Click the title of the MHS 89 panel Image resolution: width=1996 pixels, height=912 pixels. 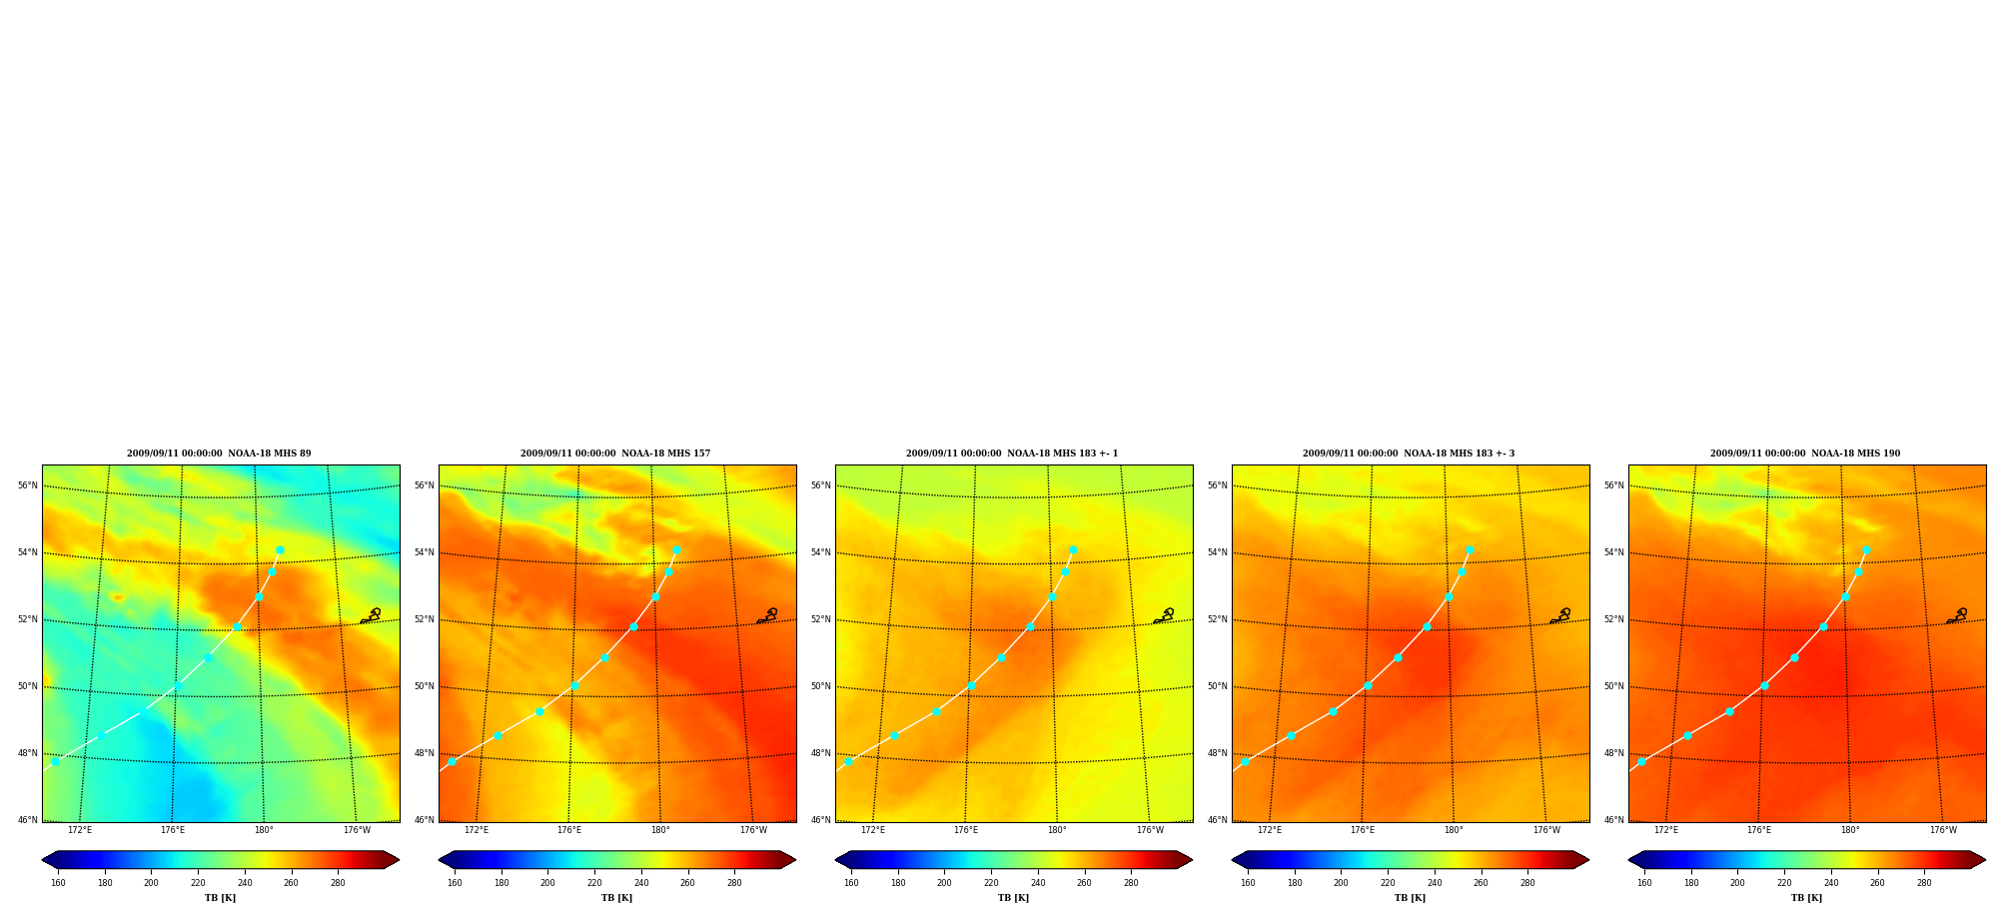[x=219, y=454]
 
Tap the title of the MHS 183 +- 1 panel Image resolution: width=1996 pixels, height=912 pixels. [x=1012, y=454]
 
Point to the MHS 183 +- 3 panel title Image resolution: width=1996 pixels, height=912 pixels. [x=1409, y=454]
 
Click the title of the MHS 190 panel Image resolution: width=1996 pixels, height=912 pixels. [x=1805, y=454]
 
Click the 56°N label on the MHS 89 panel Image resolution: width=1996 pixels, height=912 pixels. [x=27, y=485]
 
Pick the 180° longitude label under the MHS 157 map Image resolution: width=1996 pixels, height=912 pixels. [x=660, y=830]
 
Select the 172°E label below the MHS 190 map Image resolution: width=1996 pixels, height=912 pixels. [x=1666, y=830]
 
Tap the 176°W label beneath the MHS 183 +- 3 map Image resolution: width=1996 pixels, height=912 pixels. [x=1546, y=830]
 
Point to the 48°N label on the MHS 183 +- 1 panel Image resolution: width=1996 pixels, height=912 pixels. [x=820, y=753]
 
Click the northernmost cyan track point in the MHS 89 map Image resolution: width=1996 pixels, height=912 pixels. [x=280, y=550]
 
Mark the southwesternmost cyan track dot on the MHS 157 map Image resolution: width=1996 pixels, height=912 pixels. [x=452, y=761]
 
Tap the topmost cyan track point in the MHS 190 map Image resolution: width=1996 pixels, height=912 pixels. [x=1866, y=550]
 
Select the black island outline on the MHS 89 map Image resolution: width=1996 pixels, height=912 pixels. [x=370, y=616]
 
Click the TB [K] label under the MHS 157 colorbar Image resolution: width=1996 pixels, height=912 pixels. [x=616, y=898]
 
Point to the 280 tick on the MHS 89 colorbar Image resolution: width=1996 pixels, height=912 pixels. [x=338, y=883]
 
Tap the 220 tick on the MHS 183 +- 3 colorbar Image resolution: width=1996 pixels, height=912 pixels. [x=1388, y=883]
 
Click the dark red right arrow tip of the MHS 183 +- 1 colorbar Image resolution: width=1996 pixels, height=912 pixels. [x=1192, y=860]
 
